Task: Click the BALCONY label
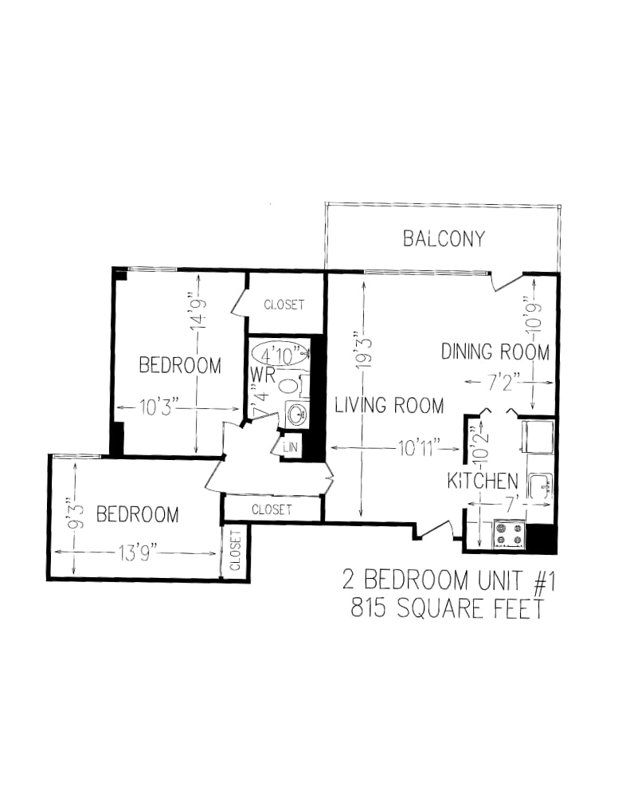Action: pyautogui.click(x=444, y=238)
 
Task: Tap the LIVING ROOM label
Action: pyautogui.click(x=389, y=406)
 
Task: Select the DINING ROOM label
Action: pyautogui.click(x=495, y=352)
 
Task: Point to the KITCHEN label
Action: pyautogui.click(x=483, y=482)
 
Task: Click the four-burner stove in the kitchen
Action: pyautogui.click(x=509, y=533)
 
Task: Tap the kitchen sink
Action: pyautogui.click(x=541, y=486)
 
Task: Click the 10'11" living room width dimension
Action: pyautogui.click(x=419, y=448)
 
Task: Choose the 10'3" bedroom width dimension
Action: pyautogui.click(x=158, y=409)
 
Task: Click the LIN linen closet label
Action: pyautogui.click(x=290, y=446)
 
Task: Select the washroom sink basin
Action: pyautogui.click(x=296, y=415)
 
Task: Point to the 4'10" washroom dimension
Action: pyautogui.click(x=280, y=355)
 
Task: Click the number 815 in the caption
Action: pyautogui.click(x=368, y=608)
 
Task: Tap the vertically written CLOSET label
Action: pyautogui.click(x=235, y=551)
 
